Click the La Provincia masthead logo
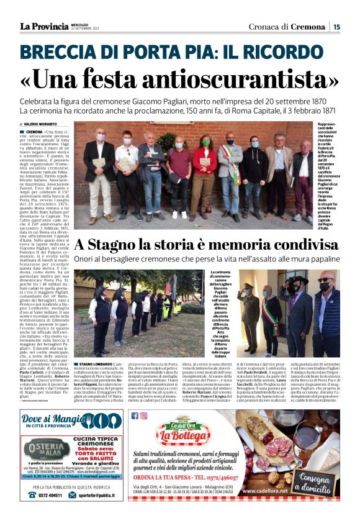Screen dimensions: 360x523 [43, 26]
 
